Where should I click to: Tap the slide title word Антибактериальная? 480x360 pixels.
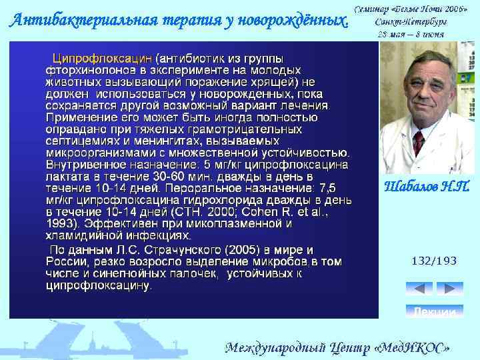coord(73,20)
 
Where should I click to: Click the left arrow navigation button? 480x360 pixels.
coord(419,288)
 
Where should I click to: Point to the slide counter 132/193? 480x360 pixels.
coord(434,261)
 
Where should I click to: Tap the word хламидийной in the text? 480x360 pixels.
coord(79,235)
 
